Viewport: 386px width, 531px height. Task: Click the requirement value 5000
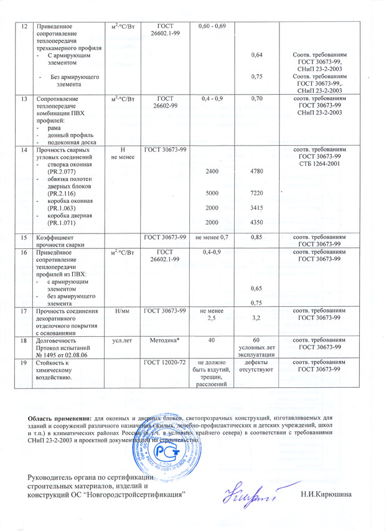tap(212, 194)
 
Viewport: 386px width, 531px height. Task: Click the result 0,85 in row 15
tap(255, 237)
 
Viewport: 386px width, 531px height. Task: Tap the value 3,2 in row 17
tap(255, 318)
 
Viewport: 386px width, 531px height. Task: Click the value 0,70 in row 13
tap(255, 99)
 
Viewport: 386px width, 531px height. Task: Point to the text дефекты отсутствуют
tap(255, 365)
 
